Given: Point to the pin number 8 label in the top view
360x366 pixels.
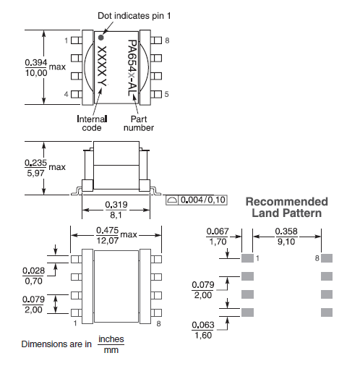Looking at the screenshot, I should [x=167, y=41].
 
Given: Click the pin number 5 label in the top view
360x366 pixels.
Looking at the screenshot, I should [x=167, y=94].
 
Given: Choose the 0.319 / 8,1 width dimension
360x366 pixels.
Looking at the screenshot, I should [x=117, y=208].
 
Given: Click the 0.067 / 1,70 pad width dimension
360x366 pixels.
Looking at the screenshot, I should [x=217, y=237].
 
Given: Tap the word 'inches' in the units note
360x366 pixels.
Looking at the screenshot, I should [x=111, y=339].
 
